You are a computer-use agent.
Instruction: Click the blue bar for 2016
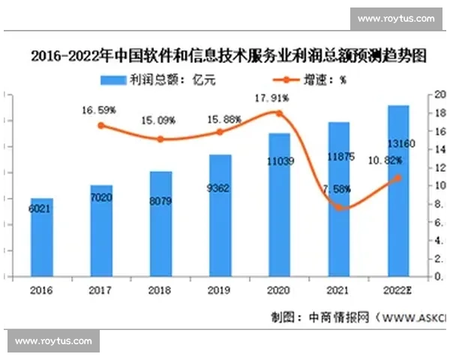point(42,238)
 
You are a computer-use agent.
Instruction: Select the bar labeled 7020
point(101,231)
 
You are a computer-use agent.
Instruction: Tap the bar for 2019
point(220,216)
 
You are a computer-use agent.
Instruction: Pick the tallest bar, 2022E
point(397,191)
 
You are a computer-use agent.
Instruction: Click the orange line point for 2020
point(280,113)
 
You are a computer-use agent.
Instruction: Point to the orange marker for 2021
point(339,207)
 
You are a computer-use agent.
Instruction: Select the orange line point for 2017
point(101,125)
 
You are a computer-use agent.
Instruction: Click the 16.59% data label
point(98,109)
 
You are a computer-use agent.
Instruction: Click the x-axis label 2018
point(160,289)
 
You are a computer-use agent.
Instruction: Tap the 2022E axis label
point(397,289)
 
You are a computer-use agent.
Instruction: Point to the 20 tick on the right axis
point(441,95)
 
